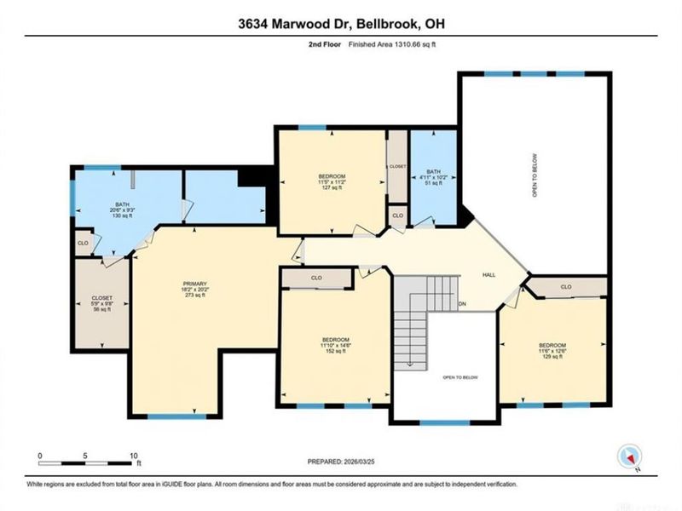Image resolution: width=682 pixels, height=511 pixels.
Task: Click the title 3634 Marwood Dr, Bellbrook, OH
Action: point(340,26)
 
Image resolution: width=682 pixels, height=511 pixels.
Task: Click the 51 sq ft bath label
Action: point(434,181)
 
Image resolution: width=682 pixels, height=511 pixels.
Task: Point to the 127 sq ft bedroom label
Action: point(332,181)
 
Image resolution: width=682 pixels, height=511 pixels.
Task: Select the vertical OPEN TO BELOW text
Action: point(535,179)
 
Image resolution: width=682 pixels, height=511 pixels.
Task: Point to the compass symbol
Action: point(630,457)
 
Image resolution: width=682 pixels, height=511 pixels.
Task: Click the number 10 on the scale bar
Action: point(133,456)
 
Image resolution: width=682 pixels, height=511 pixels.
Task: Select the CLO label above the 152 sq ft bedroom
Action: point(315,278)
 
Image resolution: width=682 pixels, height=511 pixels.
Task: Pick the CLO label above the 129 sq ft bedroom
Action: point(566,287)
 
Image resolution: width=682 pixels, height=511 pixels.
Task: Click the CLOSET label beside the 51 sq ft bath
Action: point(396,167)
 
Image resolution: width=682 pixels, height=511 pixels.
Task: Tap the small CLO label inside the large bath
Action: point(83,243)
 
